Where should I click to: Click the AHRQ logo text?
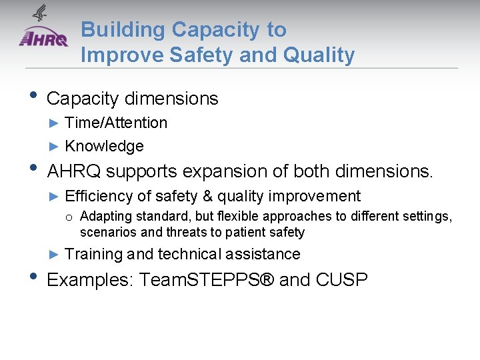pyautogui.click(x=43, y=38)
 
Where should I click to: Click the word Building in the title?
pyautogui.click(x=123, y=30)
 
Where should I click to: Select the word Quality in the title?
pyautogui.click(x=319, y=55)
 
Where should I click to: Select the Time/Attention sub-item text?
pyautogui.click(x=116, y=123)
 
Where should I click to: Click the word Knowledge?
pyautogui.click(x=104, y=146)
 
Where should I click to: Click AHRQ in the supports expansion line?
pyautogui.click(x=74, y=171)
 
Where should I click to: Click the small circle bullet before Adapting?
pyautogui.click(x=69, y=217)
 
